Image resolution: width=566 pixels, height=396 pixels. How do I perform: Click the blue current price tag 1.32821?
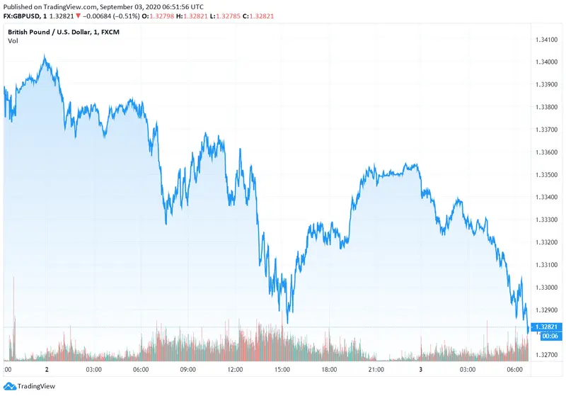[x=548, y=327]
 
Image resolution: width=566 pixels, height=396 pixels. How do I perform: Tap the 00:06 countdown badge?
[x=548, y=336]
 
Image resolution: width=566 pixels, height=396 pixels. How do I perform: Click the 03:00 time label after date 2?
[x=93, y=369]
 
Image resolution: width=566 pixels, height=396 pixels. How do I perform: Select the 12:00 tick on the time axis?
[x=235, y=369]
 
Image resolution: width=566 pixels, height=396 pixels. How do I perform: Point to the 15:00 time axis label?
[x=282, y=369]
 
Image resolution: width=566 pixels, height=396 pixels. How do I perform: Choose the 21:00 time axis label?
[x=376, y=369]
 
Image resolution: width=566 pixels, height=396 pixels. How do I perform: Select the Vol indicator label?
[x=13, y=41]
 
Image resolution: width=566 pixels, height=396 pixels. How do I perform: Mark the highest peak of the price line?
[x=45, y=56]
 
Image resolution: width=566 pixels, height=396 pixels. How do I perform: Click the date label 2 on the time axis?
[x=46, y=369]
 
